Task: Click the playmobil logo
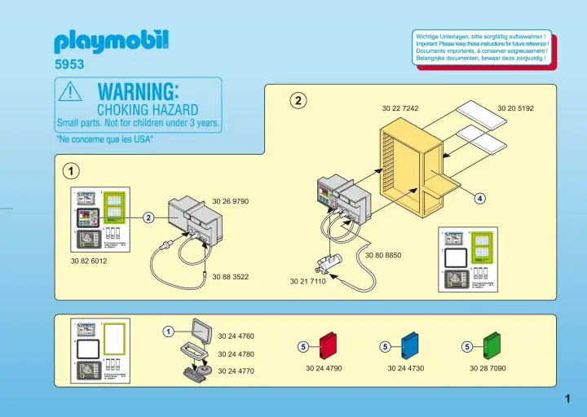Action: pos(111,42)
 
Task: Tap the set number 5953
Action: pos(69,64)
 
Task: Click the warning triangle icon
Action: pos(70,93)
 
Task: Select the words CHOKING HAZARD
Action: pos(147,109)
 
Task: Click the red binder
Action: pos(327,345)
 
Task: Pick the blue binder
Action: pos(410,345)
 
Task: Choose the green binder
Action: pos(492,345)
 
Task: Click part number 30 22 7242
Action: pos(399,108)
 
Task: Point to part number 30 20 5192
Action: pos(515,108)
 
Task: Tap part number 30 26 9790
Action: pos(230,201)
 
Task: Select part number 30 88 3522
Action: pos(230,277)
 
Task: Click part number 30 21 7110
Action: pos(307,282)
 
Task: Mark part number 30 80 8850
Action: pos(383,256)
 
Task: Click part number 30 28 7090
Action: pos(488,369)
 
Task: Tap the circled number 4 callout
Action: pos(480,199)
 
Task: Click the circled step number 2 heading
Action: pos(299,101)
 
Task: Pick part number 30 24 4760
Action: pos(236,336)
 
